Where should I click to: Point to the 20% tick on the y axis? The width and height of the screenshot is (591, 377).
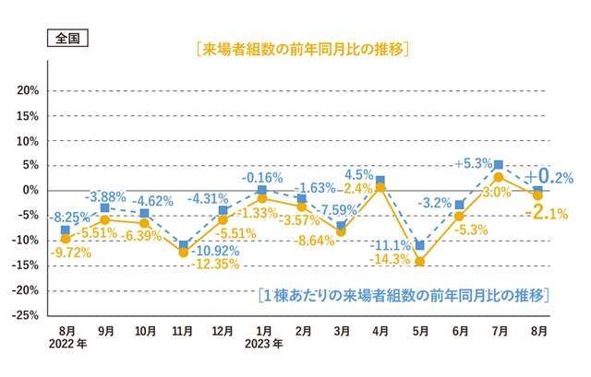[27, 90]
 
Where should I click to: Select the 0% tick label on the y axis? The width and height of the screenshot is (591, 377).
[30, 190]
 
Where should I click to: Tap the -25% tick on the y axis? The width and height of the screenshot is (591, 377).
[25, 314]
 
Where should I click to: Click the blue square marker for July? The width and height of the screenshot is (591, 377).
[499, 165]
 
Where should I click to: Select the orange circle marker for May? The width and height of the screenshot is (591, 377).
[420, 262]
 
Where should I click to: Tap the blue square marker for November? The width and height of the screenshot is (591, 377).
[184, 245]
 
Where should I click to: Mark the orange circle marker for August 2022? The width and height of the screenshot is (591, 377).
[65, 239]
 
